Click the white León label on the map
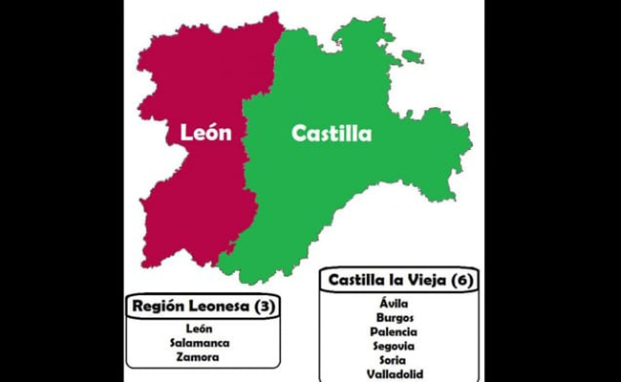(205, 133)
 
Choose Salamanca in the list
(200, 343)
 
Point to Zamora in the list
(200, 357)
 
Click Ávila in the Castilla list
(398, 303)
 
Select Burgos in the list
(398, 317)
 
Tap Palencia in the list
(398, 331)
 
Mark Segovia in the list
(398, 346)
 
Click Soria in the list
(398, 360)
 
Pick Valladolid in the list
(398, 373)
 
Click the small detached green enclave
(412, 57)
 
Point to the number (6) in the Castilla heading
(462, 280)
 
